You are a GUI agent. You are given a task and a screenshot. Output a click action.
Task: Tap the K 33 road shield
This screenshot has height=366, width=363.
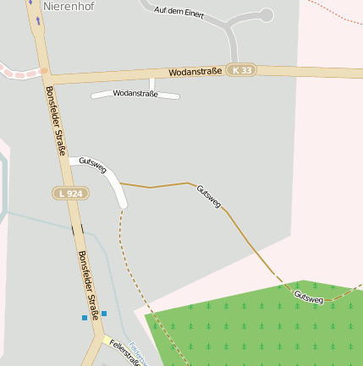coord(241,70)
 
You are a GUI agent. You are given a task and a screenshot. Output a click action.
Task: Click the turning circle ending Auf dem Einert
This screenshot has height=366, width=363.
coord(267,15)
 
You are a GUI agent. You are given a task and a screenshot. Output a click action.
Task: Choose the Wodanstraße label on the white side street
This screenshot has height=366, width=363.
coord(135,94)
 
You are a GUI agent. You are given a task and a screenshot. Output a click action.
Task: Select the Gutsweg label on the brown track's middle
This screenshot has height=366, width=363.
coord(209,196)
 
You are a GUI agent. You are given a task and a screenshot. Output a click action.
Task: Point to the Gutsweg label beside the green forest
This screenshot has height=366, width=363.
coord(309,298)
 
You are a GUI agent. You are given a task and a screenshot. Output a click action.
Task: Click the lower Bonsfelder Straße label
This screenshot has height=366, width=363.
coord(88,283)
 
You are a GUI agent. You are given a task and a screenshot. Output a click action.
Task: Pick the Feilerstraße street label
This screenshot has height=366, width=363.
coord(124,352)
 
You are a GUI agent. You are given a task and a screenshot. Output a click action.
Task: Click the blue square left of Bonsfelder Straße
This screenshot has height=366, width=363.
coord(85,318)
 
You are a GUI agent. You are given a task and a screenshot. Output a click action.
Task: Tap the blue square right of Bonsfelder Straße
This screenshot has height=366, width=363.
coord(104,314)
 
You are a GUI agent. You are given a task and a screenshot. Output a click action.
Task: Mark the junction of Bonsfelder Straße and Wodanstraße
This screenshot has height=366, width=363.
coord(43,73)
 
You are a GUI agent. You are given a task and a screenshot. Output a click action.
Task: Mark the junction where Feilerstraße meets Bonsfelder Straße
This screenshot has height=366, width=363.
coord(105,339)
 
